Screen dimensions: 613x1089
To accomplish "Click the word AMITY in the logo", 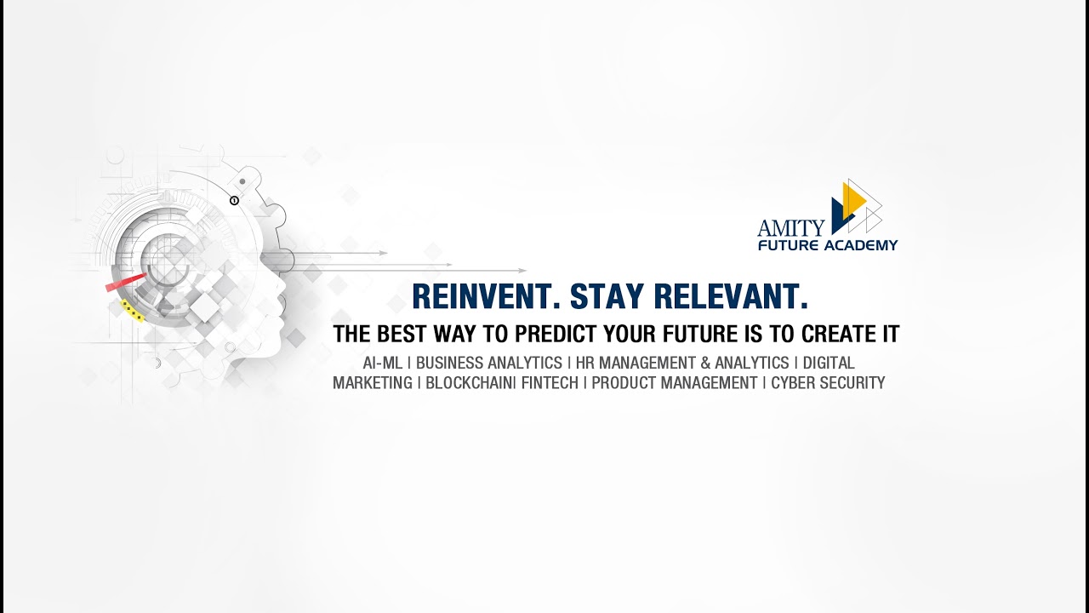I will pos(790,227).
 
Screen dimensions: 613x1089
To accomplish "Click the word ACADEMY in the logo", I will pos(861,245).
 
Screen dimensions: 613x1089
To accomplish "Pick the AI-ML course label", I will pos(382,364).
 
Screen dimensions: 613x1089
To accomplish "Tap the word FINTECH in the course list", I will pos(550,383).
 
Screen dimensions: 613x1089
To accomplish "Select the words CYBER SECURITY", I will pos(828,383).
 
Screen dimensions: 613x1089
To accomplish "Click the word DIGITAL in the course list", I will pos(829,364).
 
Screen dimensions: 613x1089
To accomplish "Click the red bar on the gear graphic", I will pos(126,283).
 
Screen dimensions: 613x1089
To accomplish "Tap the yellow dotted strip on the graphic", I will pos(132,312).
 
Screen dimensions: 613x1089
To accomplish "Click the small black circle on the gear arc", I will pos(235,200).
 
